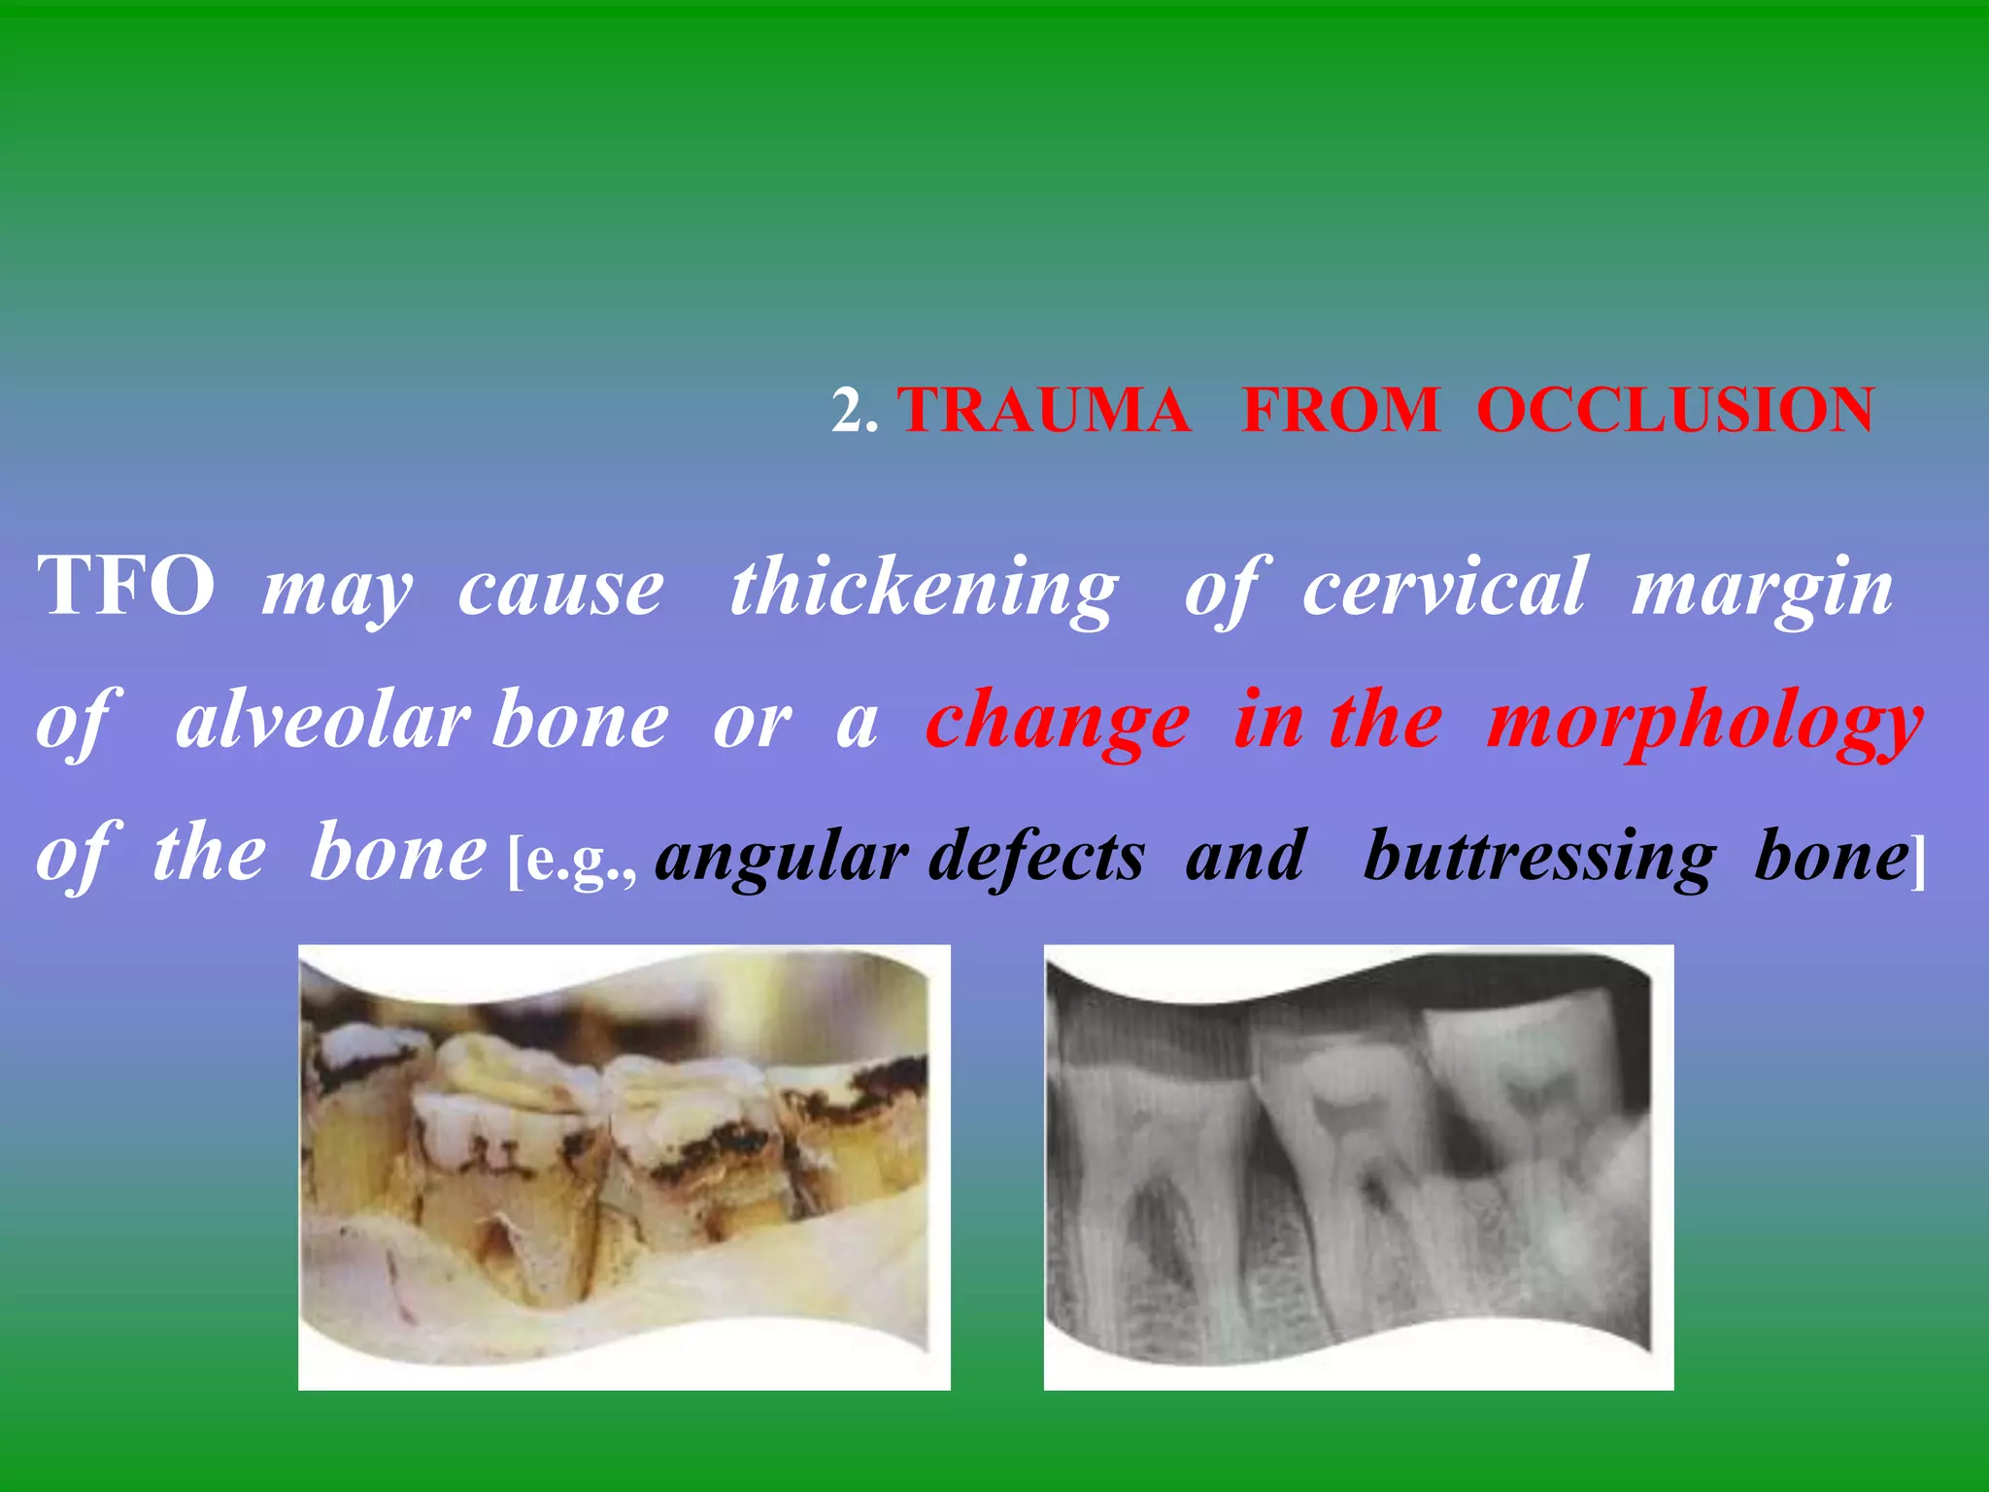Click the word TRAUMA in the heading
[x=1044, y=410]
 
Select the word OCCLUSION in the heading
[x=1675, y=410]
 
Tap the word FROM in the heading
[x=1340, y=410]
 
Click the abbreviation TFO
[x=126, y=587]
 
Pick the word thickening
[x=924, y=589]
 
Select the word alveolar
[x=320, y=721]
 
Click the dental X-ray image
[x=1358, y=1166]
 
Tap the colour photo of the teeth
[x=624, y=1166]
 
